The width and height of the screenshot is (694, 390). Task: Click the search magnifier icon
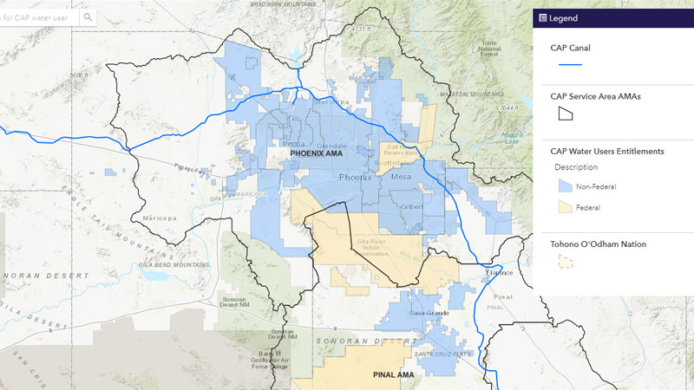[88, 16]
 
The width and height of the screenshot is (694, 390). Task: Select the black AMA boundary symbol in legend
[566, 113]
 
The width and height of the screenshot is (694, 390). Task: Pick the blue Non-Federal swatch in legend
[564, 185]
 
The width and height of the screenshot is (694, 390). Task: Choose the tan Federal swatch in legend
[564, 207]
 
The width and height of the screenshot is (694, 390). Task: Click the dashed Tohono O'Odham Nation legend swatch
[566, 261]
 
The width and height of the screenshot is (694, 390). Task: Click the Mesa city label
[401, 177]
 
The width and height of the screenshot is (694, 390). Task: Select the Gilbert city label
[411, 206]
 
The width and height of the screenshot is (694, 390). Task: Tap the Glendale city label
[331, 145]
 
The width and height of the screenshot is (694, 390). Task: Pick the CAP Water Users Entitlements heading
[607, 151]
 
